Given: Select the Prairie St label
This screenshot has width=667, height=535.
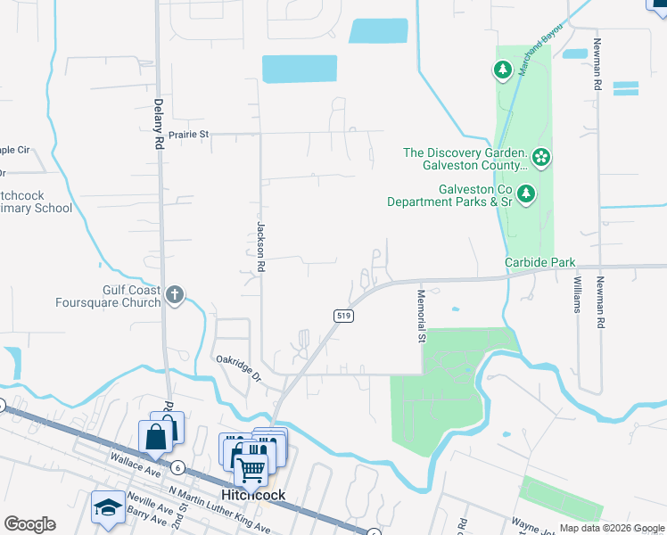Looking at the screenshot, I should (x=191, y=135).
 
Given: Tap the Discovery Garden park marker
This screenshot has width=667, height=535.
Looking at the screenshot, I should (x=541, y=159).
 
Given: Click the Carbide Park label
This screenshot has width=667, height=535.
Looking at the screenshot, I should (x=539, y=263).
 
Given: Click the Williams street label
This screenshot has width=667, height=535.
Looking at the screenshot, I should (x=577, y=295).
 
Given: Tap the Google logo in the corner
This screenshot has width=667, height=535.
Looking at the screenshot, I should (x=29, y=524).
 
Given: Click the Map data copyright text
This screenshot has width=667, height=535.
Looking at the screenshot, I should (x=611, y=528).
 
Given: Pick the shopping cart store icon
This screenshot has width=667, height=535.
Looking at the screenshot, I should (x=251, y=467).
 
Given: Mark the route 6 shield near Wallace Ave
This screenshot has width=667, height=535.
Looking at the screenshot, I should (x=178, y=468).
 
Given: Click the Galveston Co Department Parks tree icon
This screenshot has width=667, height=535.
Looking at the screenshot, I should (x=526, y=193).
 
